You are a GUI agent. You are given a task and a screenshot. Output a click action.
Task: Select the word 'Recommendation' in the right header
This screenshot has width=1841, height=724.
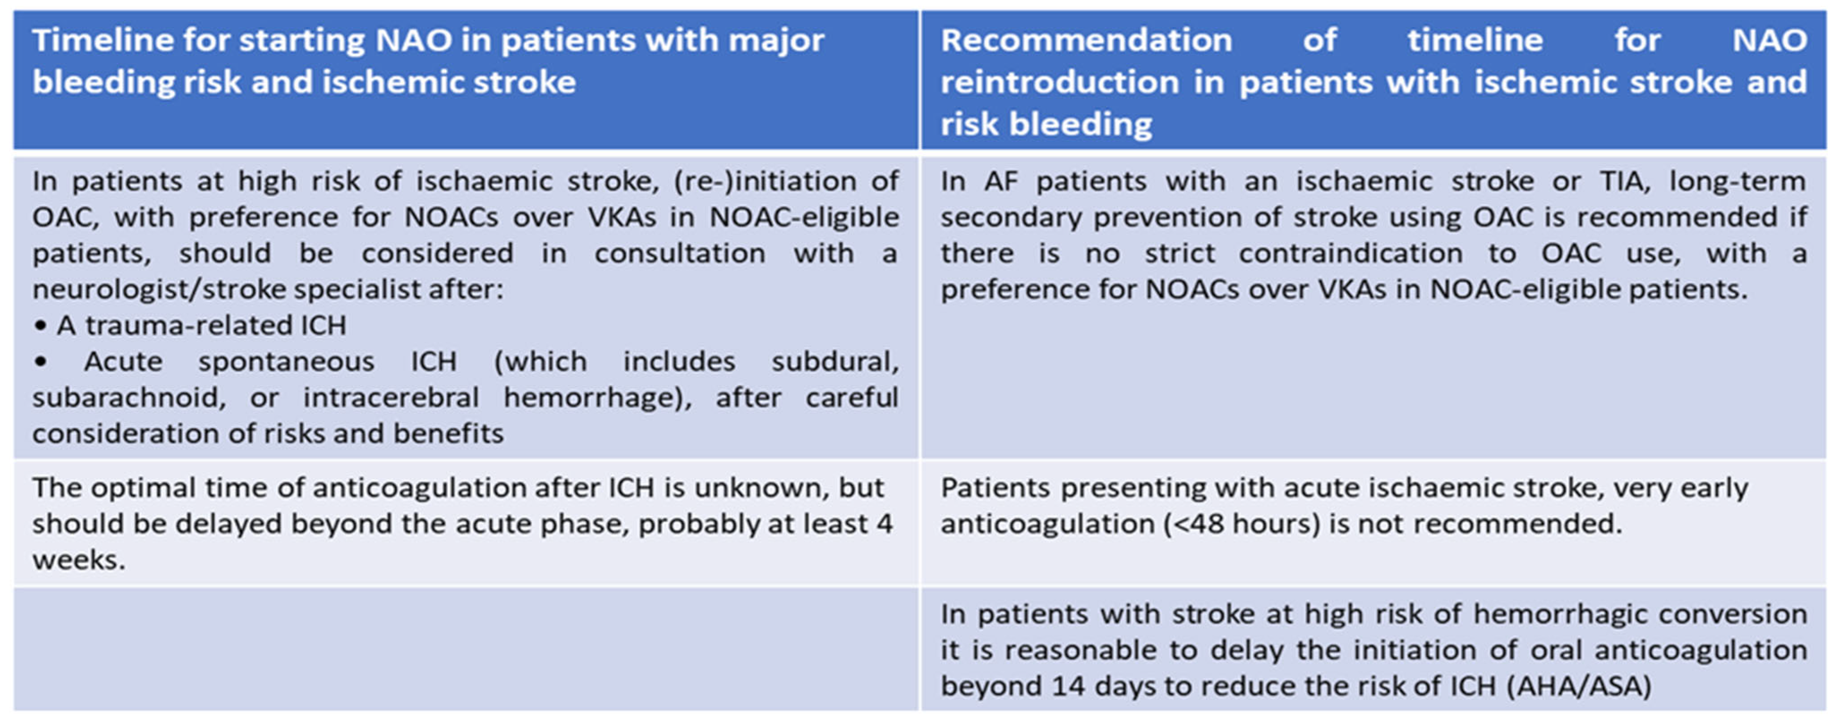pos(1086,40)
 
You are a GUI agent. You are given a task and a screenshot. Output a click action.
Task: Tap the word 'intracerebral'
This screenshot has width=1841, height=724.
pos(391,398)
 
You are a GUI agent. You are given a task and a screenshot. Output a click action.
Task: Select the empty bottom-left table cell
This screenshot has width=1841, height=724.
pos(466,649)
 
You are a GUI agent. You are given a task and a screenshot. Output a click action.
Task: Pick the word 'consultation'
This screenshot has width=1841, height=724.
pos(680,254)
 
